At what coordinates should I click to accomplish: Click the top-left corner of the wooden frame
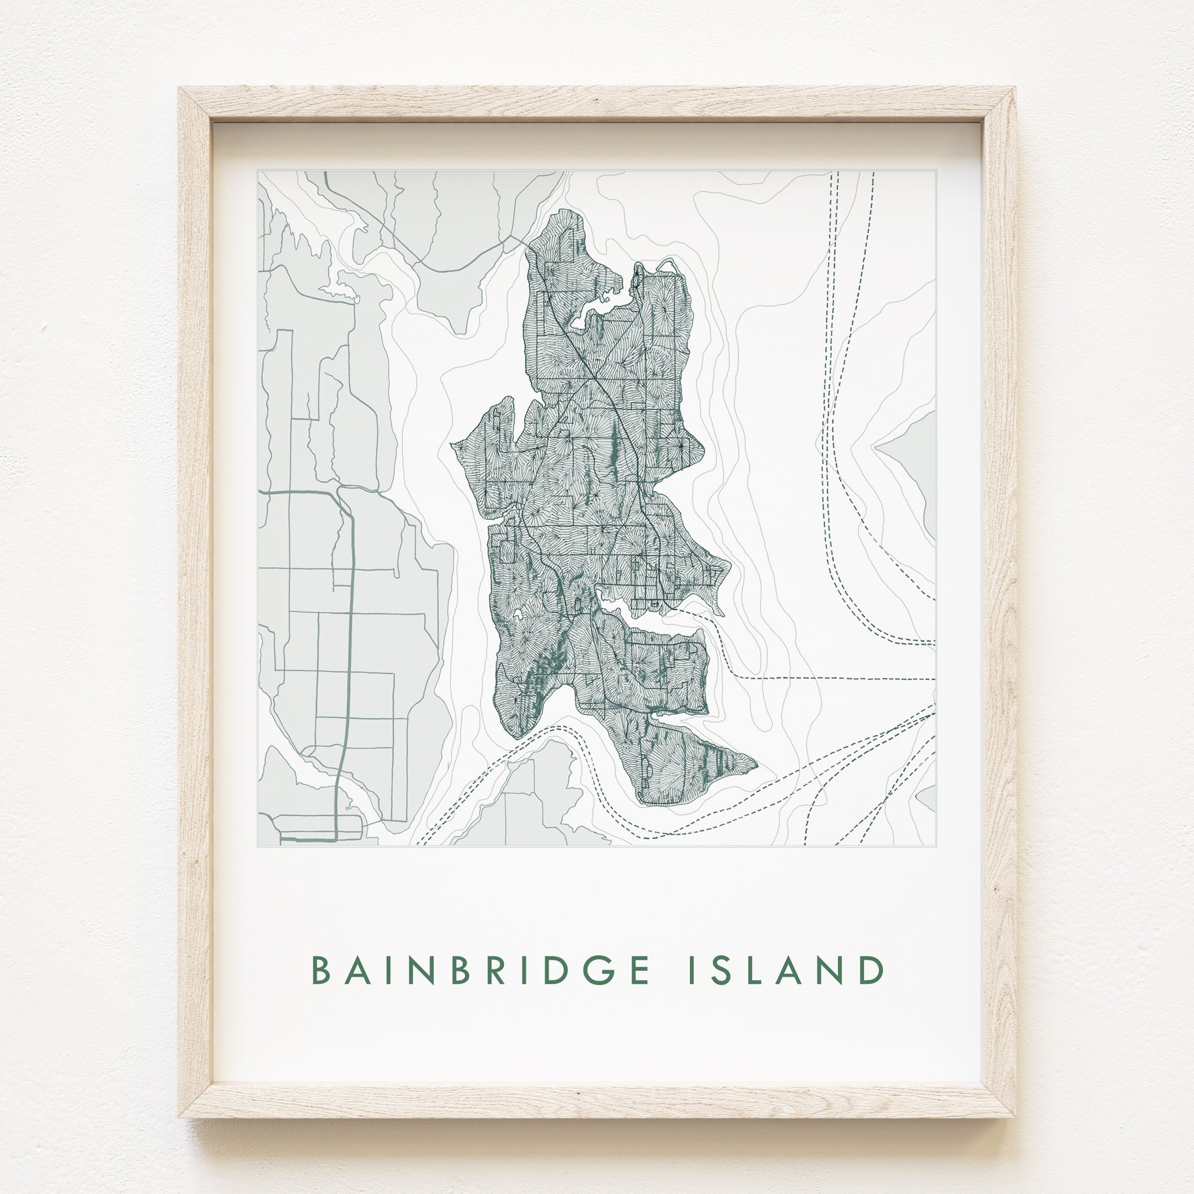180,90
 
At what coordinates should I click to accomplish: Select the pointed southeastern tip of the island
756,763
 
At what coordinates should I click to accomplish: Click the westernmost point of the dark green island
452,444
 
